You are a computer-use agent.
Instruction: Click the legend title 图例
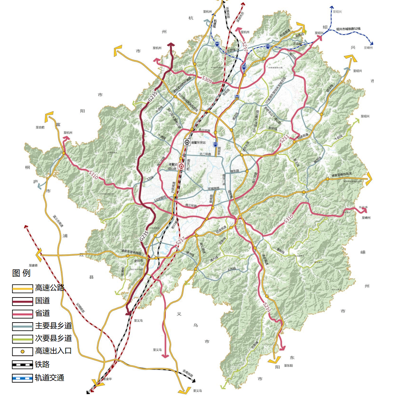(21, 273)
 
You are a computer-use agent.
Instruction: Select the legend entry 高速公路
(49, 288)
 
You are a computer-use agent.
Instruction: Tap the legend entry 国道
(42, 301)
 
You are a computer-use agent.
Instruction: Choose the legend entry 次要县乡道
(53, 338)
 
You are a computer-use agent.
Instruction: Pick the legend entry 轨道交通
(49, 378)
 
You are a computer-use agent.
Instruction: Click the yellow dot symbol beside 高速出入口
(23, 351)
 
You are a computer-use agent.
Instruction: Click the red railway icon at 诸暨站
(181, 167)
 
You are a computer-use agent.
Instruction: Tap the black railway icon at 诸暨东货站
(187, 142)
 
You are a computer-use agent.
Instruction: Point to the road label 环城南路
(213, 189)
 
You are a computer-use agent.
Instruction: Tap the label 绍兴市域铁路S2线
(348, 29)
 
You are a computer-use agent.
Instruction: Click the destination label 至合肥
(40, 127)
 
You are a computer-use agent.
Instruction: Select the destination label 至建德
(33, 265)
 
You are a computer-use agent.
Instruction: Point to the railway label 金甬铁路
(187, 373)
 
